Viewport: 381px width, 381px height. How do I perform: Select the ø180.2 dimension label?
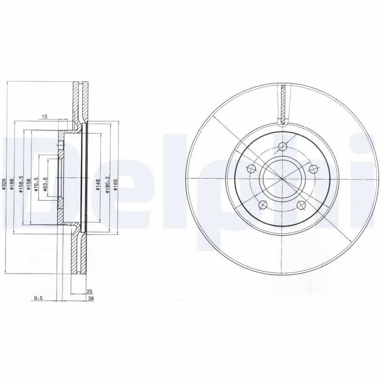[x=107, y=185]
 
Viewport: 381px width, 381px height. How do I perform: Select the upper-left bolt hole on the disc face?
[x=252, y=170]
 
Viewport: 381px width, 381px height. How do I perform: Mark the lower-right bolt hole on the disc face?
[x=302, y=206]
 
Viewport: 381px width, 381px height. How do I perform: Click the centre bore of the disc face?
[x=283, y=179]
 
